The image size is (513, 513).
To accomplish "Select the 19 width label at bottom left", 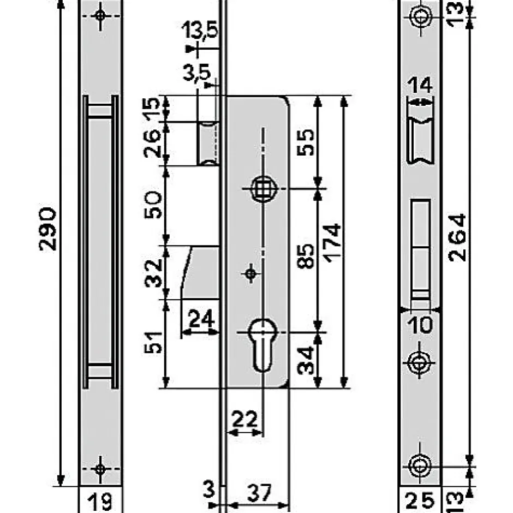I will coord(100,499).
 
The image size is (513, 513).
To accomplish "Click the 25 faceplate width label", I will coord(420,499).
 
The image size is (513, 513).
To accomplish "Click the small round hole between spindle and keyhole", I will coord(251,273).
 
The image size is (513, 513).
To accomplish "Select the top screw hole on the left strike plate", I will coord(100,15).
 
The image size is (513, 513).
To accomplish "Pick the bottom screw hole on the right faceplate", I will coord(420,466).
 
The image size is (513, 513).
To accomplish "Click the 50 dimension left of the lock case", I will coord(155,205).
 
